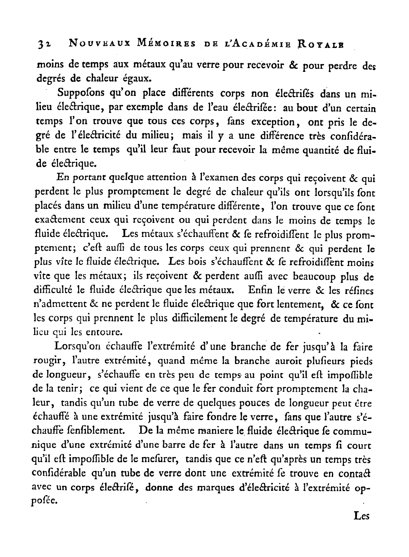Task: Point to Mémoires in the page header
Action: (x=152, y=43)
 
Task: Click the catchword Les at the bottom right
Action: (x=361, y=516)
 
